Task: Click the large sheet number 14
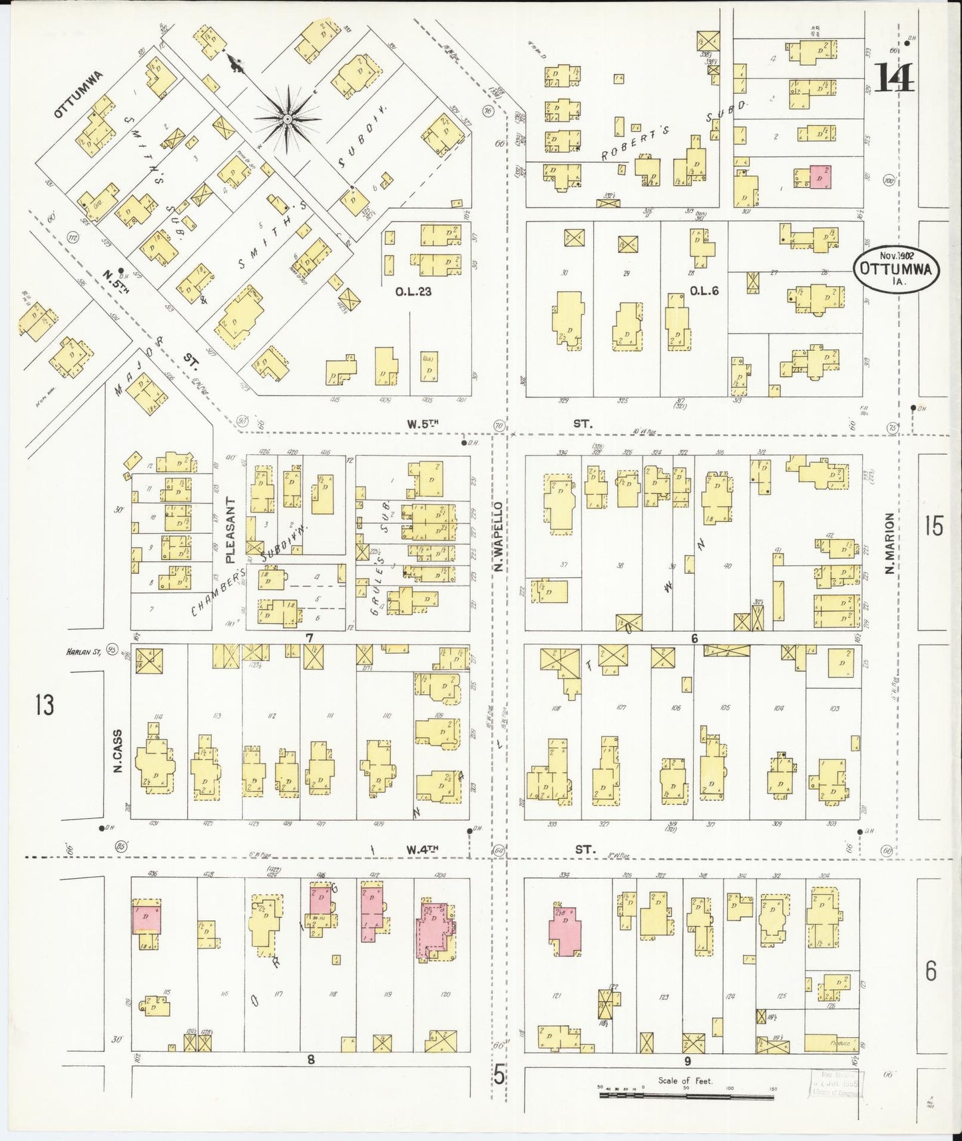895,77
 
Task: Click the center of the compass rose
287,119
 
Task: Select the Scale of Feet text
685,1080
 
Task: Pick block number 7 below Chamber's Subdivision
309,638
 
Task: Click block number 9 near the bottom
687,1061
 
